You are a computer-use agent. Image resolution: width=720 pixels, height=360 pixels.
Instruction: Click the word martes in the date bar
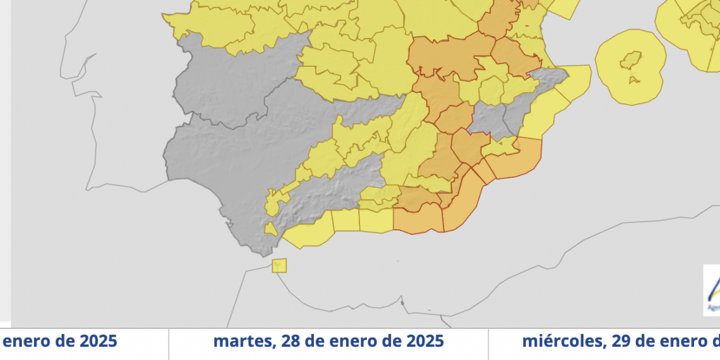point(242,342)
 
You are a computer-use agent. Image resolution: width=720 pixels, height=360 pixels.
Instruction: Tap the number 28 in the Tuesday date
point(287,342)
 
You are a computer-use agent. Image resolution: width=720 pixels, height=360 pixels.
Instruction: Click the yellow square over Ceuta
point(279,265)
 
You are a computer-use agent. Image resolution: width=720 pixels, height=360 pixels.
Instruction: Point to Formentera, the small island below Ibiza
point(632,80)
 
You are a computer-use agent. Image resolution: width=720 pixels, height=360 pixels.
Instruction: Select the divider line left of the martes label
point(169,344)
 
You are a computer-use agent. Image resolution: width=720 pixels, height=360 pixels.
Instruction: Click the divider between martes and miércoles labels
point(488,344)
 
